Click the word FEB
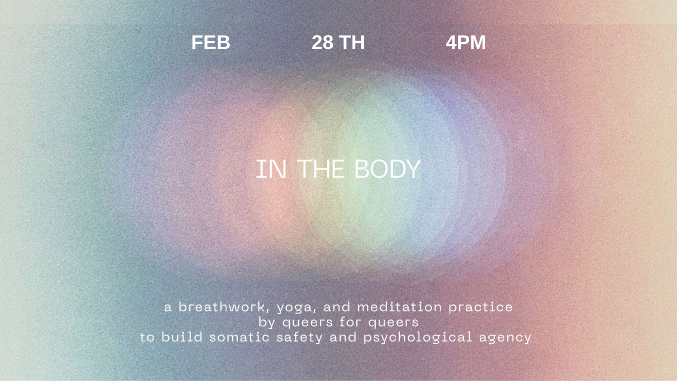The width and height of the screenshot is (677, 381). pos(210,42)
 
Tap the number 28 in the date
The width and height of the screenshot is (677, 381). pos(322,42)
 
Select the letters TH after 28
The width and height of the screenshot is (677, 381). pos(352,42)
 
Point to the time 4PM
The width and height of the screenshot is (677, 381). pos(466,42)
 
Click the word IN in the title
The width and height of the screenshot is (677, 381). pos(271,169)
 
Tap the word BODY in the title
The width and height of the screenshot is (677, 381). pos(388,169)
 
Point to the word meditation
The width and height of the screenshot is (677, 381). pos(399,307)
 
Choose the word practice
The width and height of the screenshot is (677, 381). pos(480,308)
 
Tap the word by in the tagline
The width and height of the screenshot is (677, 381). pos(267,322)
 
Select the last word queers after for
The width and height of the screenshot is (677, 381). pos(393,323)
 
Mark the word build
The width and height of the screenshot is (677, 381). pos(182,337)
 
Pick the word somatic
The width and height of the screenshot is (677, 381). pos(240,337)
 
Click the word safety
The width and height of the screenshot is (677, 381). pos(300,338)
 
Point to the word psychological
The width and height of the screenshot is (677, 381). pos(418,338)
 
